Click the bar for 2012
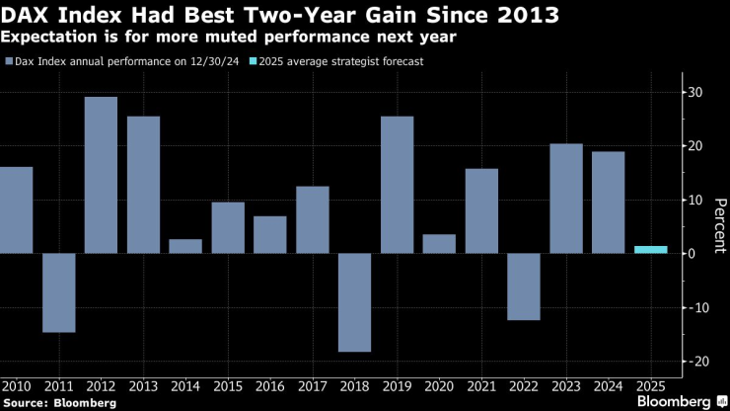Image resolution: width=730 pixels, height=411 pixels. tap(101, 175)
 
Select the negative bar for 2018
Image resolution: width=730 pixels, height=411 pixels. tap(354, 302)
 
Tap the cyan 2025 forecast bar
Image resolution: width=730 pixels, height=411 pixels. tap(650, 250)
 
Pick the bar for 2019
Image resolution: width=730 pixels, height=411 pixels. tap(397, 185)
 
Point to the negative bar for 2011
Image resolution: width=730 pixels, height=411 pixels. tap(58, 292)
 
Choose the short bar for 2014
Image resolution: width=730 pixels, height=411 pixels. tap(185, 246)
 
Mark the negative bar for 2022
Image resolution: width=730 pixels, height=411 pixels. tap(523, 287)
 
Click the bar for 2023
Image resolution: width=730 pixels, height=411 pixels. tap(565, 199)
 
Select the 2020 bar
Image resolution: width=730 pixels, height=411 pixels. tap(439, 244)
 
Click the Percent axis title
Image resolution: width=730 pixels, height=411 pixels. tap(720, 226)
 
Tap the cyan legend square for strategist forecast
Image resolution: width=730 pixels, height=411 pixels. tap(253, 62)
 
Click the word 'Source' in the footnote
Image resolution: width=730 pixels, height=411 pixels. tap(27, 402)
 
